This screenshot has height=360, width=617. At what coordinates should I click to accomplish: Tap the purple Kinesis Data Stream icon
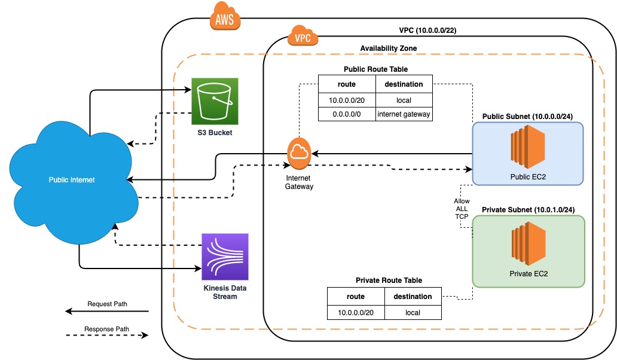(225, 257)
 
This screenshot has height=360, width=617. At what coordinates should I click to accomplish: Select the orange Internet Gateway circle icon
(298, 154)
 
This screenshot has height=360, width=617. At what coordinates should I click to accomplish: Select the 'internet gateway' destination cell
(403, 114)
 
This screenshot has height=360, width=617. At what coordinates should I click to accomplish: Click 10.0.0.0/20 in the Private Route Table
(356, 312)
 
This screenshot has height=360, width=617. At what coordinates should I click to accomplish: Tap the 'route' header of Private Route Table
(356, 297)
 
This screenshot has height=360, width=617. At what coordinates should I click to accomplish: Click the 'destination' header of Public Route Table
(403, 84)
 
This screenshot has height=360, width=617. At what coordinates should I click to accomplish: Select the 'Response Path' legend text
(107, 329)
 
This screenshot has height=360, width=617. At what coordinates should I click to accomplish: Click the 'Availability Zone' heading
(389, 48)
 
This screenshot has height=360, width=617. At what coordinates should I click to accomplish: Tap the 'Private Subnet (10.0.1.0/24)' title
(528, 209)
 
